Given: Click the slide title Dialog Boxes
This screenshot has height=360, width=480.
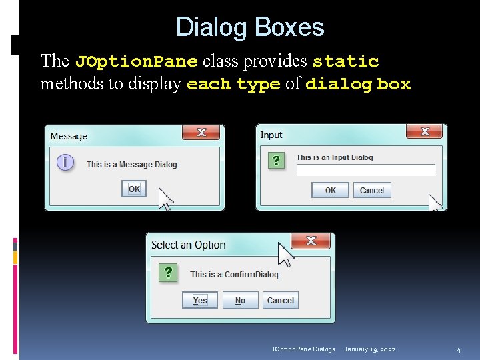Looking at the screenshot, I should coord(250,27).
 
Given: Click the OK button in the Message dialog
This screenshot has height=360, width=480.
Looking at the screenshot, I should coord(134,189).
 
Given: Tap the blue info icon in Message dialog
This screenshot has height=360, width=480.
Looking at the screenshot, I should coord(65,162).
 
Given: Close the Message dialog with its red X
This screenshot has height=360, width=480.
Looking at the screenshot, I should coord(201,133).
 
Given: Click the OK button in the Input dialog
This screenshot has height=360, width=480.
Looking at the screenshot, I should coord(330,190).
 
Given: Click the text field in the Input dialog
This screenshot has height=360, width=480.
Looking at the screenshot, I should coord(365,170).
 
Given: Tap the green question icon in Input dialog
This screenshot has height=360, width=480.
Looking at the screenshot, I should coord(275,160).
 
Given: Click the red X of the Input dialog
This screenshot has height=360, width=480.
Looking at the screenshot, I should coord(425,131).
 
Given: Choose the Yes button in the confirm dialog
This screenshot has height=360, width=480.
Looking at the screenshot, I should coord(200,301).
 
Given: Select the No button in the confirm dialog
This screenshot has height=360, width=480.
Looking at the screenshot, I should coord(240,301).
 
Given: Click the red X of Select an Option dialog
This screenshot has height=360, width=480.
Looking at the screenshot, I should coord(311,241).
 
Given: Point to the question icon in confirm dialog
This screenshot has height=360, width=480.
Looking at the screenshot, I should coord(169,273).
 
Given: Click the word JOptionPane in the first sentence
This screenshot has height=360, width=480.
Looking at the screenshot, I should coord(136,62).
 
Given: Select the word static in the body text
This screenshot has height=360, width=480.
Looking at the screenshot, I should coord(345,62).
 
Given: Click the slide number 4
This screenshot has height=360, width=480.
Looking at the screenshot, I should coord(459,349).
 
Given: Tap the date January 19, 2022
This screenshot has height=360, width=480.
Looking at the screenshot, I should coord(370,349).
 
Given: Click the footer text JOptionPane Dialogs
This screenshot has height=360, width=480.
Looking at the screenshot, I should coord(303,349).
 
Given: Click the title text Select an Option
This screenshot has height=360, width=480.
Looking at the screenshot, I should coord(189,245).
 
